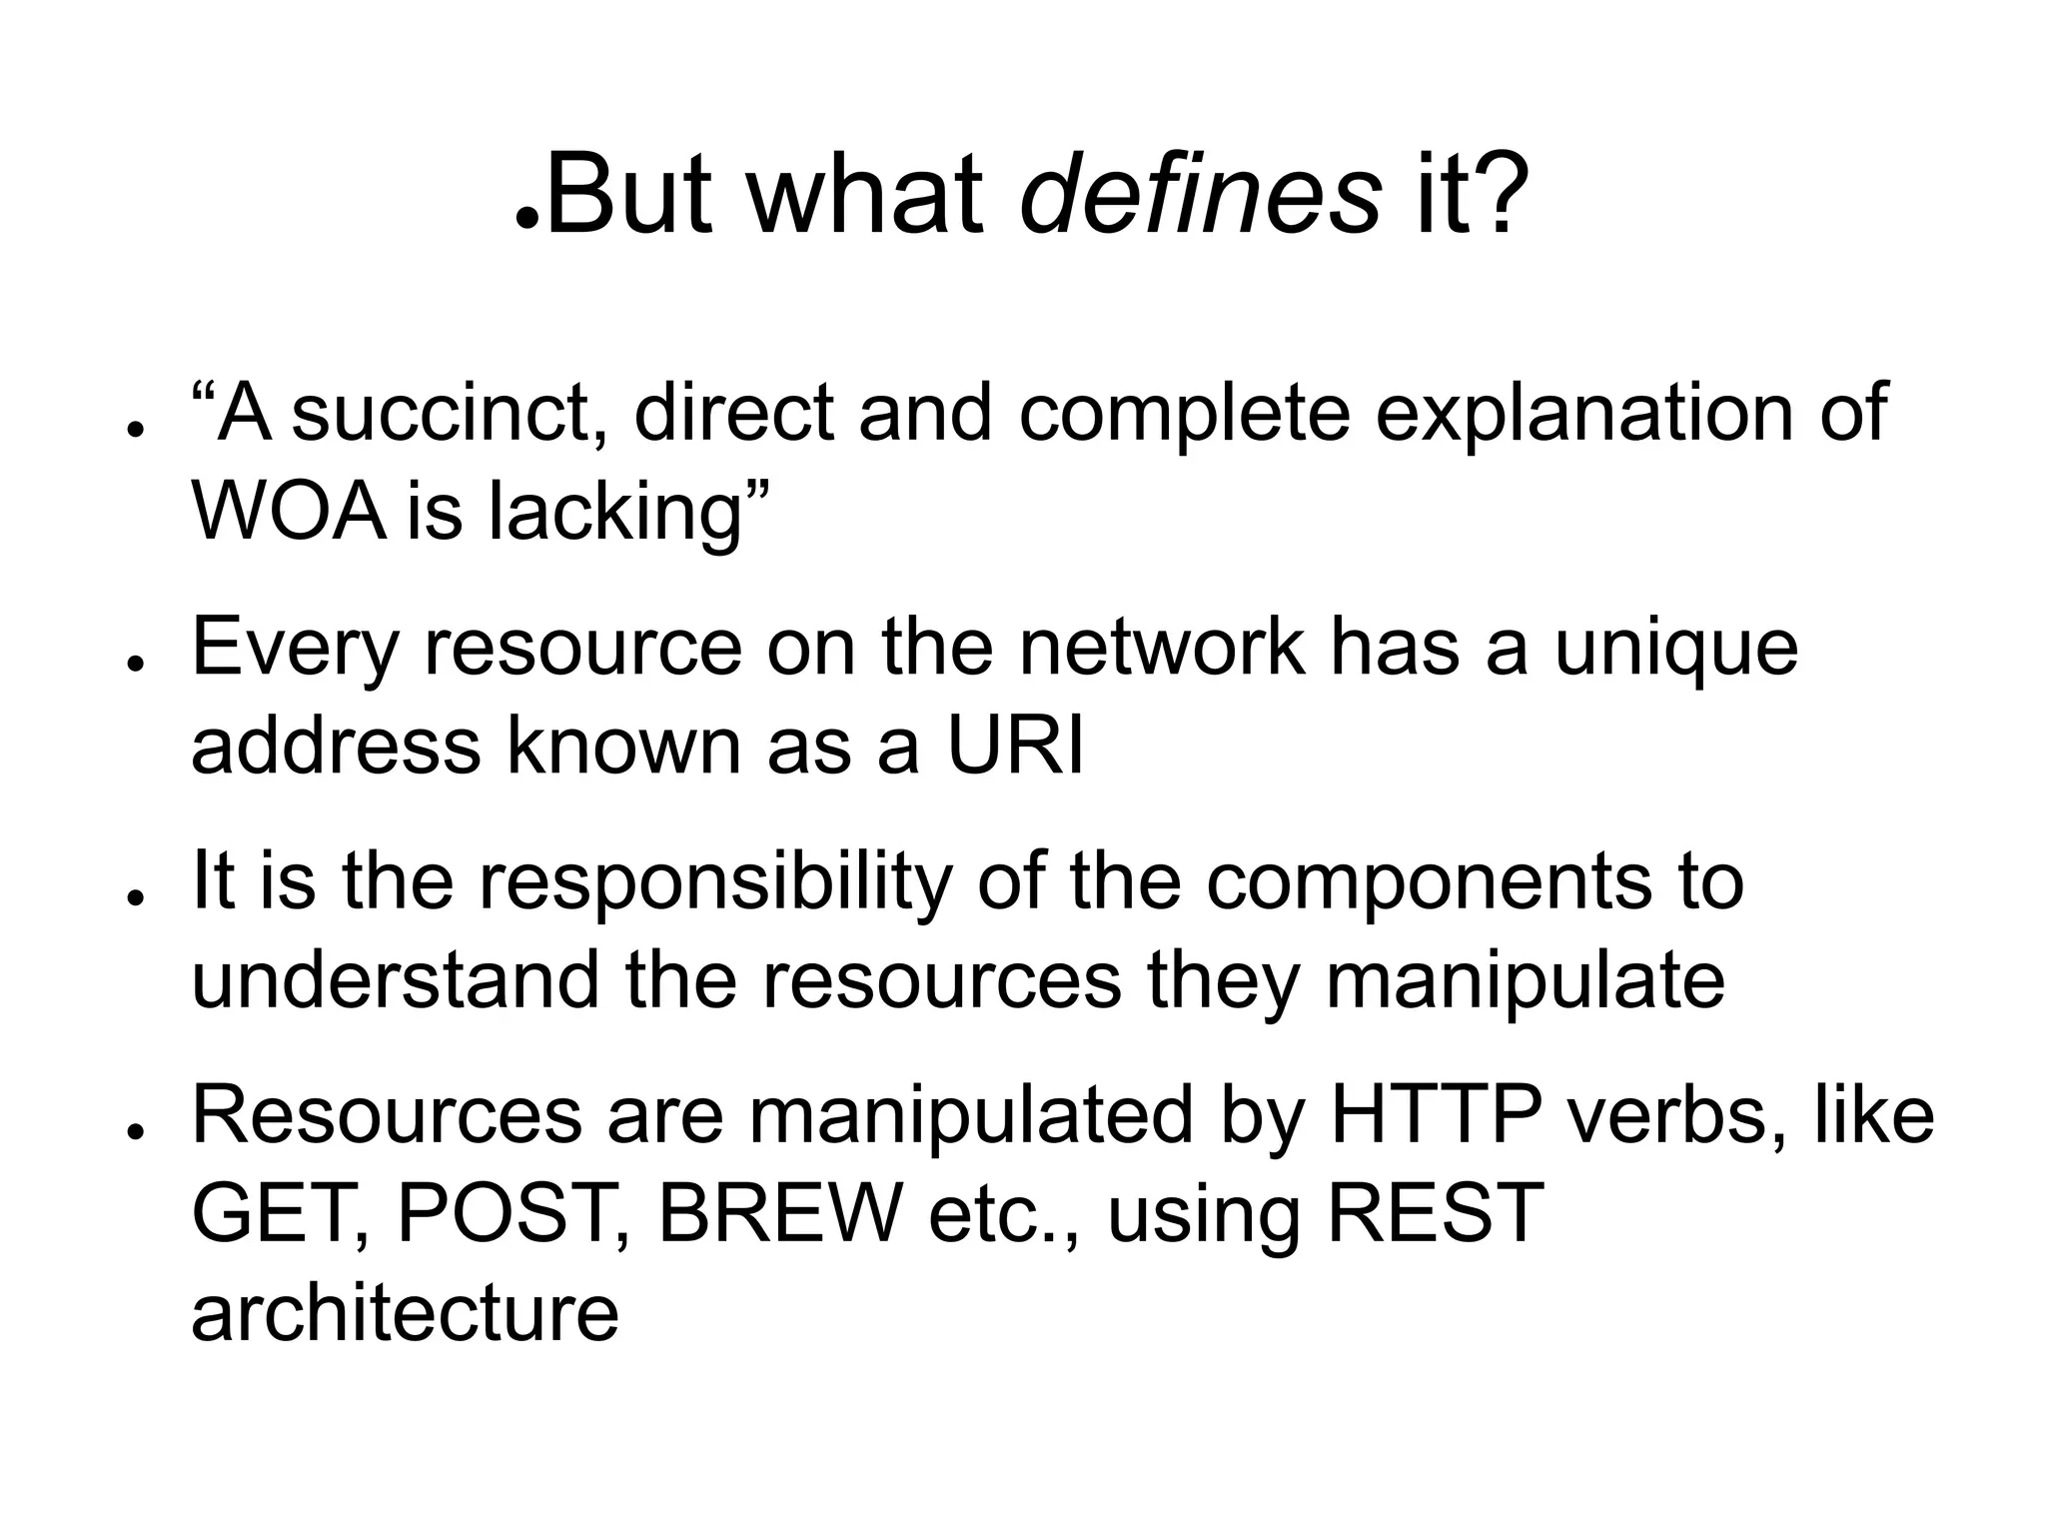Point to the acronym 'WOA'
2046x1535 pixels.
(x=288, y=511)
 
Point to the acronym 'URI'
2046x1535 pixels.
(x=1015, y=747)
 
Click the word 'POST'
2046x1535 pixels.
(x=505, y=1213)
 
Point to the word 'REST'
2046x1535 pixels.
(x=1435, y=1213)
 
